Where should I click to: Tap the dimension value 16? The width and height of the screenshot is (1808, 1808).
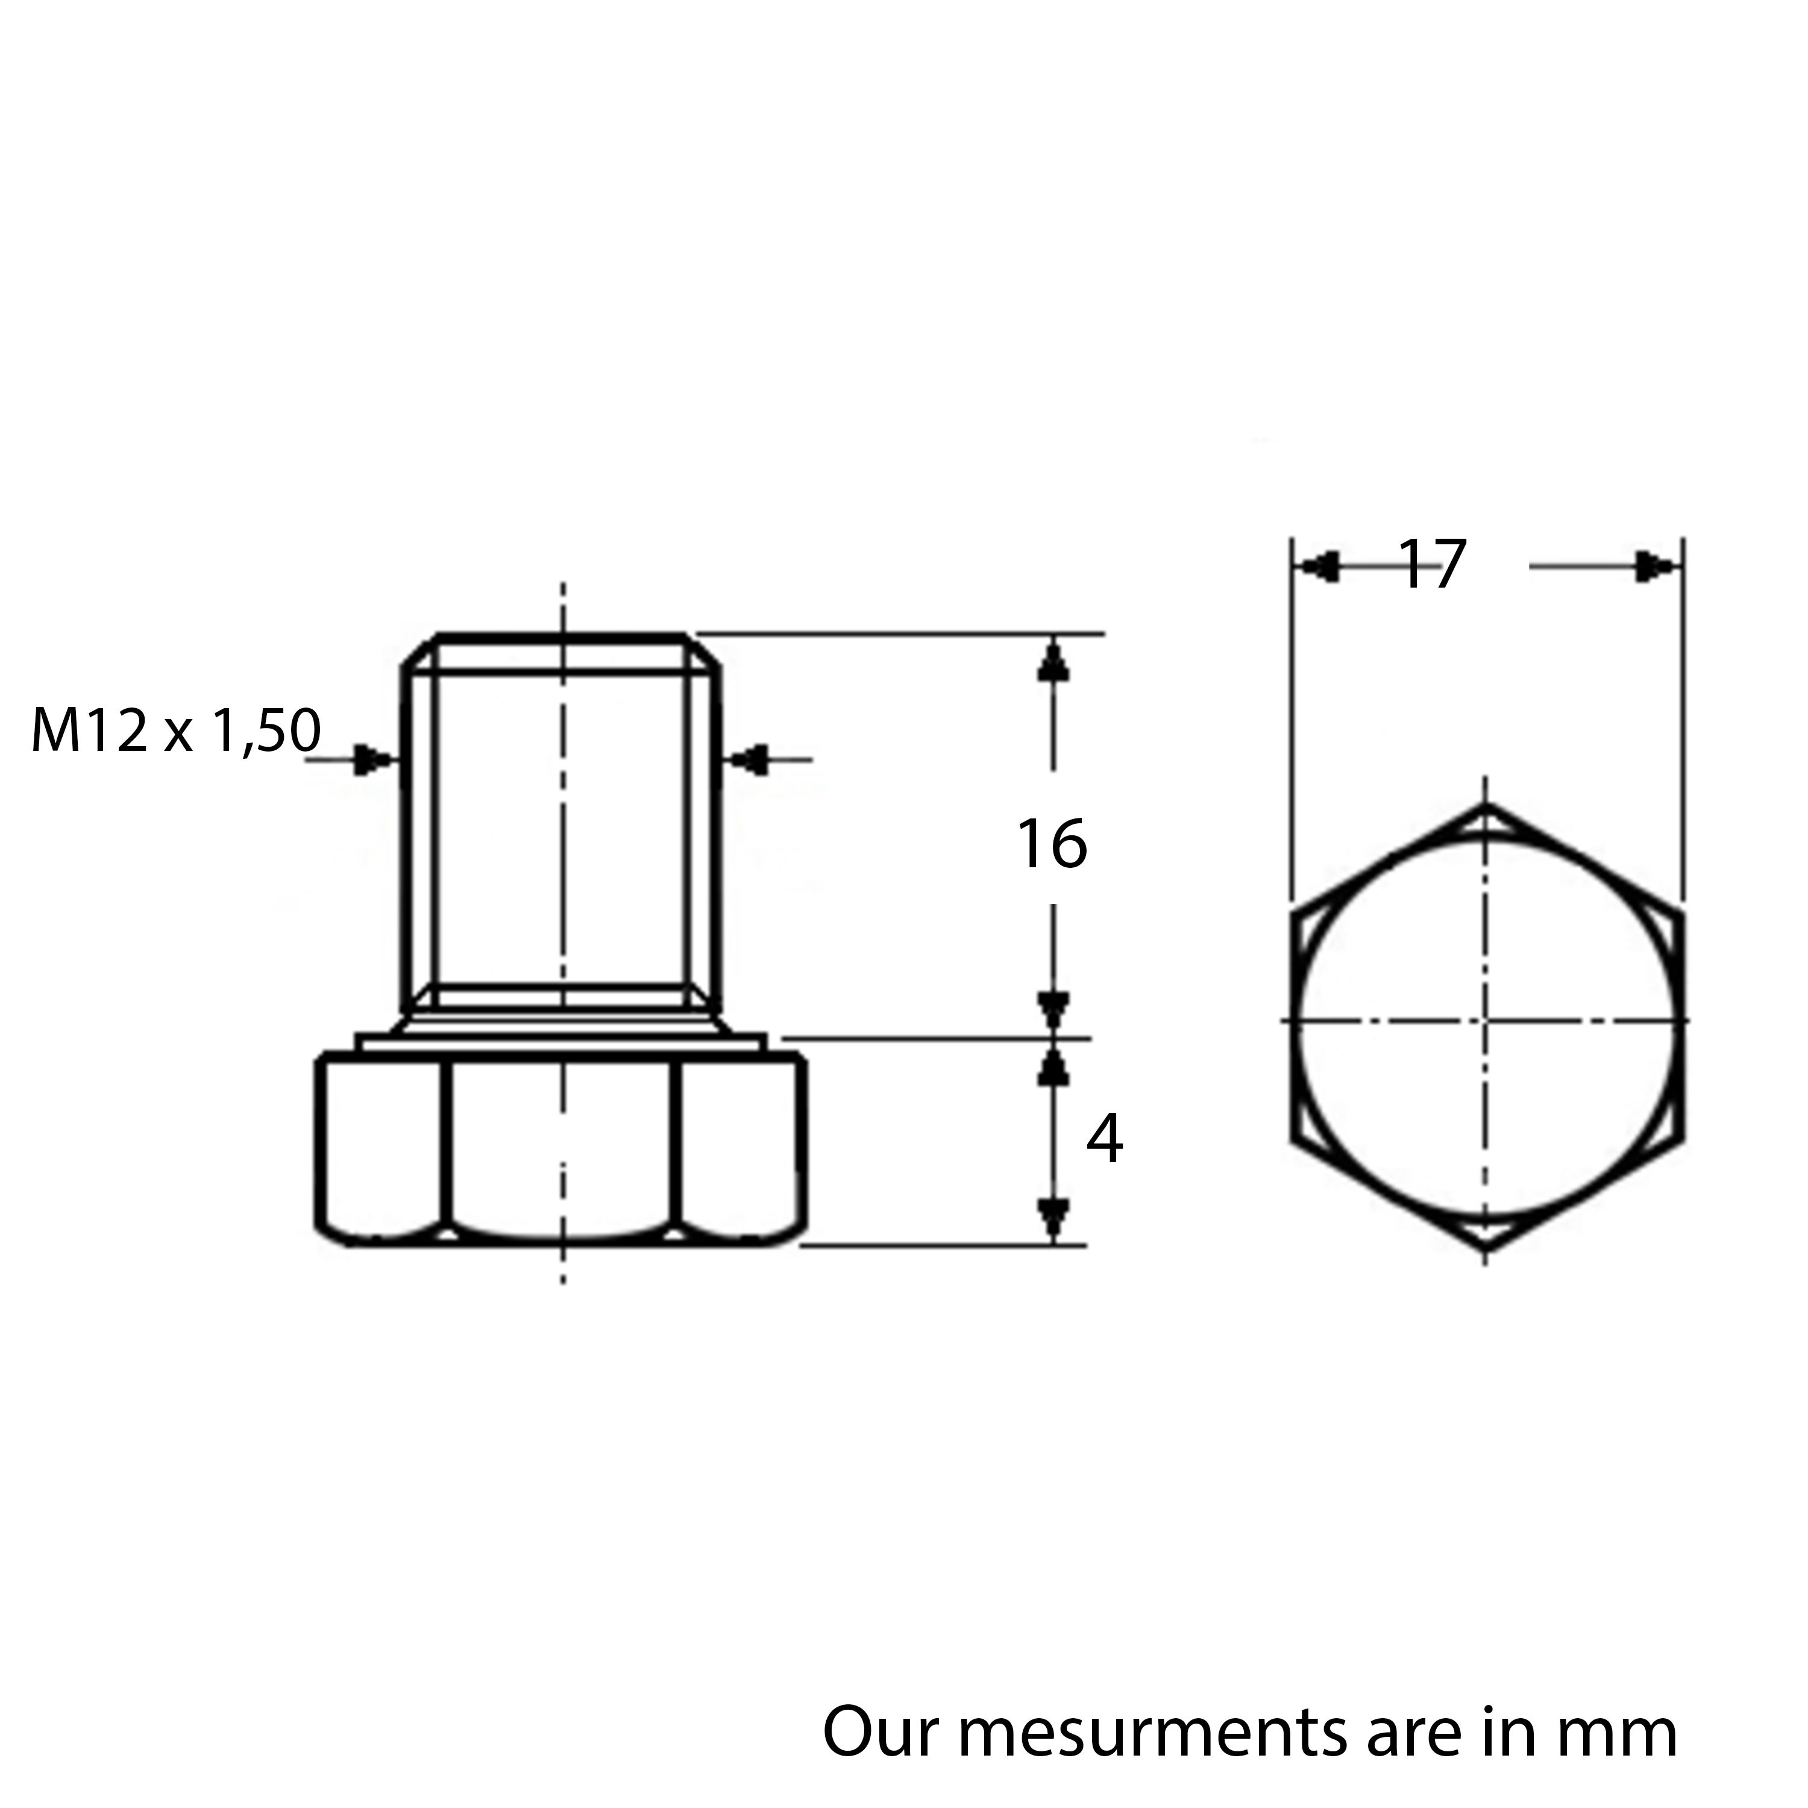click(x=1052, y=844)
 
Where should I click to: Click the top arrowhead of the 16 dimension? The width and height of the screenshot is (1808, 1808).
click(x=1053, y=661)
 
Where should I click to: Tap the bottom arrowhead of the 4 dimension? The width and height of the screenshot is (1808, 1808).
click(x=1053, y=1217)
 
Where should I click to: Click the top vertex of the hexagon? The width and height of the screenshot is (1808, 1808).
click(x=1486, y=804)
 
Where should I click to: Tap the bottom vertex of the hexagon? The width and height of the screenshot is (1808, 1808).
click(x=1486, y=1249)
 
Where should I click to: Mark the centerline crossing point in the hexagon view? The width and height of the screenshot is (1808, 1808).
click(x=1486, y=1019)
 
